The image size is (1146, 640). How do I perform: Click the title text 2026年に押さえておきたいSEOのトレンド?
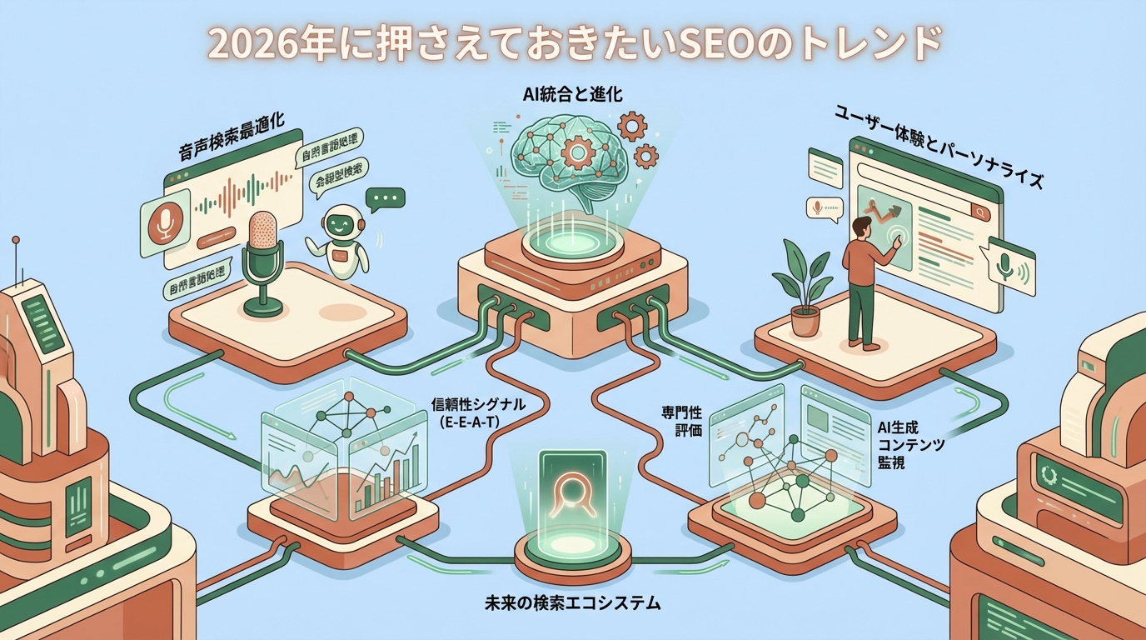click(573, 42)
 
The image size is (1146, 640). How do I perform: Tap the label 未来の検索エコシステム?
click(572, 602)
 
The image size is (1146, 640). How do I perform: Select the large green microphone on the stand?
click(264, 242)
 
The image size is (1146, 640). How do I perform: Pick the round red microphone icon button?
click(164, 222)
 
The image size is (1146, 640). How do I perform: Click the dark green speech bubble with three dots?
click(386, 198)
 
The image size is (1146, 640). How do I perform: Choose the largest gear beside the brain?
click(634, 126)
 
